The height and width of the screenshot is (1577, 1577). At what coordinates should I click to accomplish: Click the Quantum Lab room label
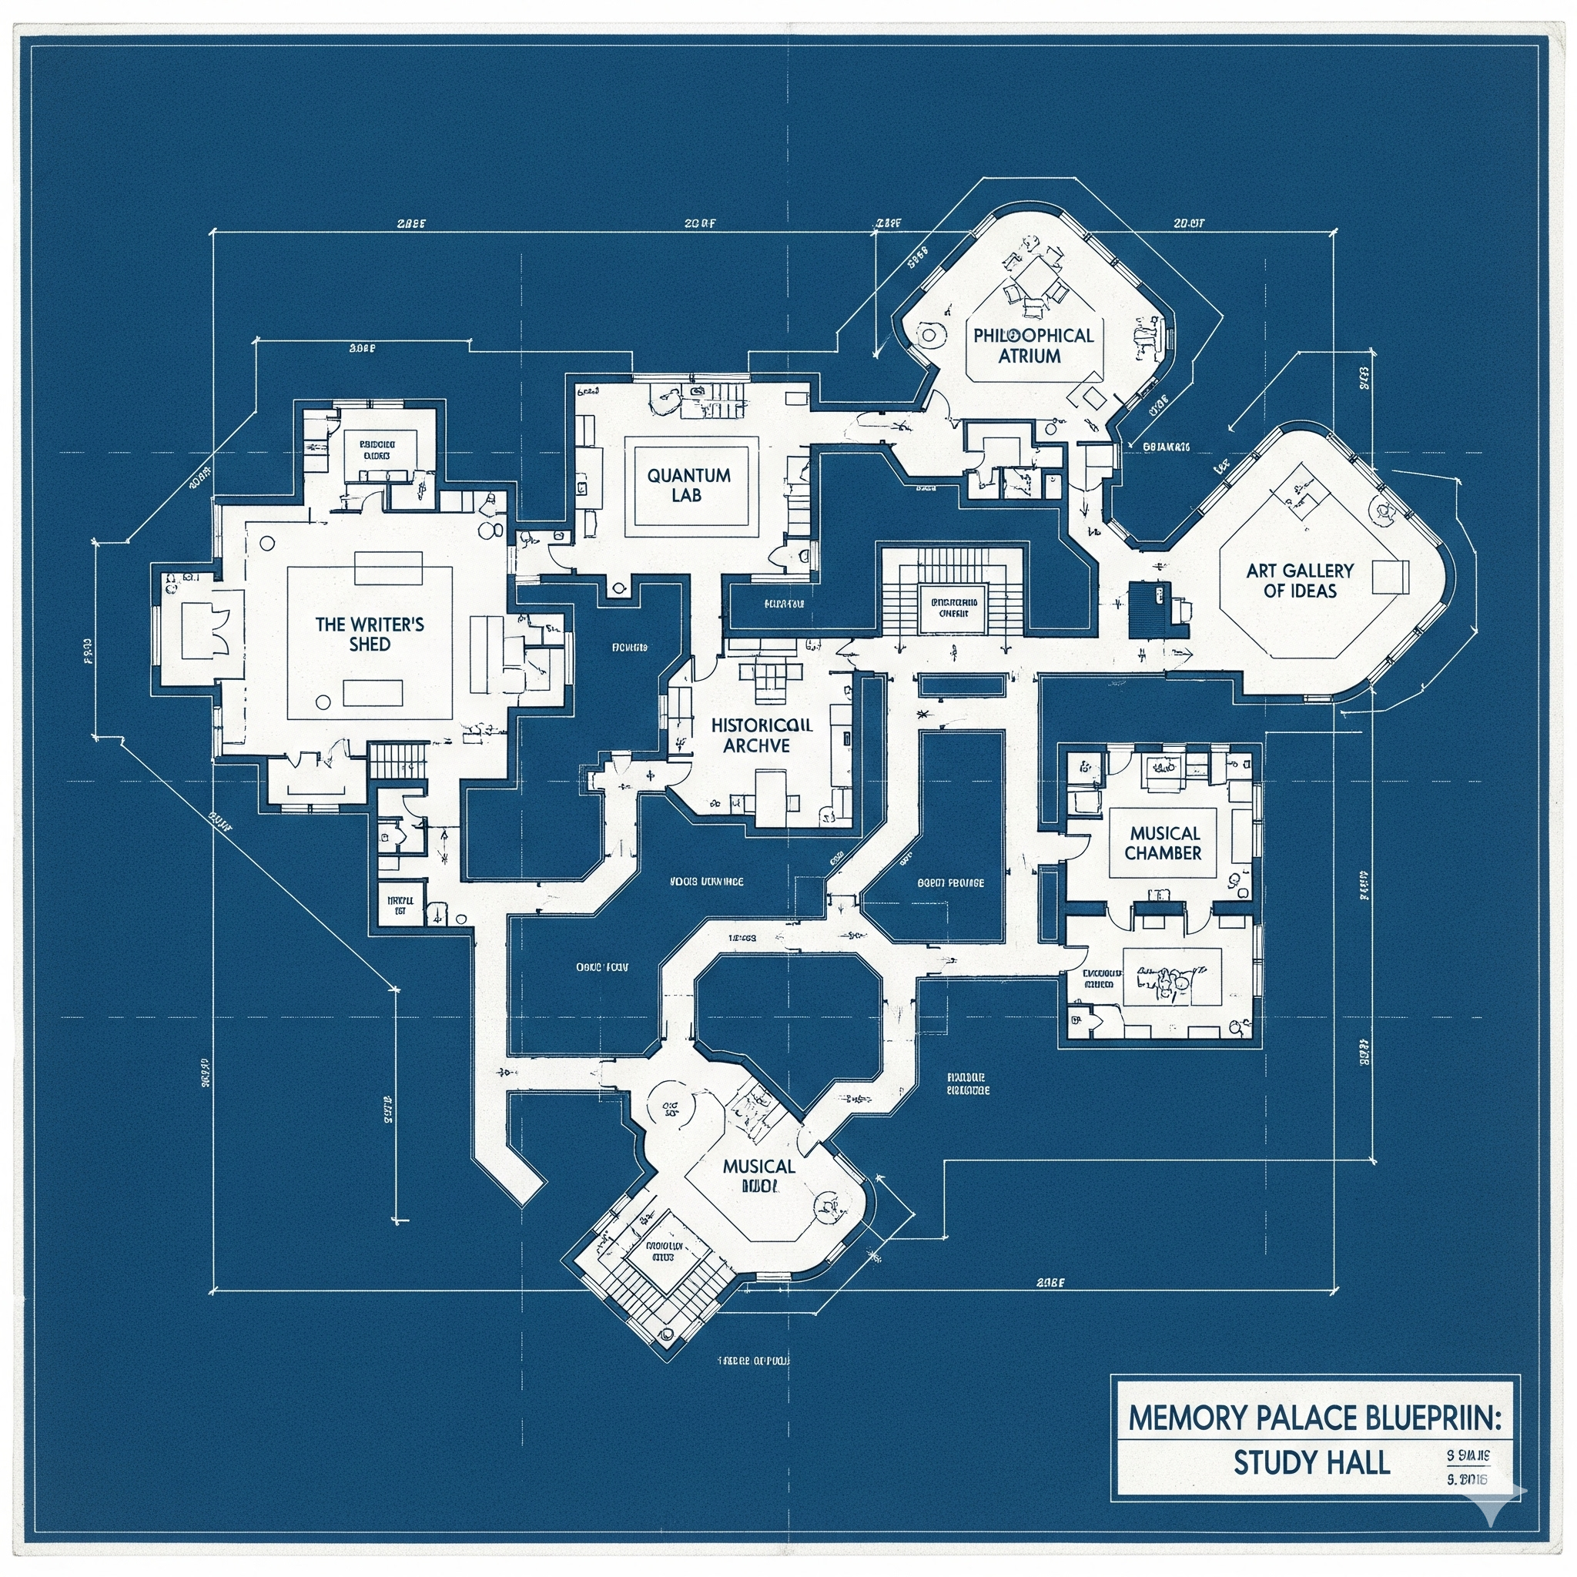pyautogui.click(x=688, y=485)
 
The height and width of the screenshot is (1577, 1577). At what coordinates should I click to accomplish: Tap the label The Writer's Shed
pyautogui.click(x=369, y=634)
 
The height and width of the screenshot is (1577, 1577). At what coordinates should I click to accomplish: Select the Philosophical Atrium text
pyautogui.click(x=1033, y=345)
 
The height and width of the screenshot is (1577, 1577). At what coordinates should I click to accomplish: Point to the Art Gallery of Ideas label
pyautogui.click(x=1300, y=581)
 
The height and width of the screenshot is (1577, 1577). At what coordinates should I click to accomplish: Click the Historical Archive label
pyautogui.click(x=761, y=735)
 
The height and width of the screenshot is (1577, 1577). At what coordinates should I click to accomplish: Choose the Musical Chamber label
pyautogui.click(x=1163, y=843)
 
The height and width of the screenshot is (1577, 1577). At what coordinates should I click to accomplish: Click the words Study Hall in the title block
pyautogui.click(x=1311, y=1463)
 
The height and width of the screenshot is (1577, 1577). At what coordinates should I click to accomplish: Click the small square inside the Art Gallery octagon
pyautogui.click(x=1390, y=577)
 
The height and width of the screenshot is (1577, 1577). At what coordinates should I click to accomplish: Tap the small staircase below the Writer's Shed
pyautogui.click(x=398, y=760)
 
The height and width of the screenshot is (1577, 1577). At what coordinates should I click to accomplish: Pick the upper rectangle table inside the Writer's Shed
pyautogui.click(x=389, y=568)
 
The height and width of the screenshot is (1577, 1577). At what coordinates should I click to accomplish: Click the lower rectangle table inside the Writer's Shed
pyautogui.click(x=373, y=693)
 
